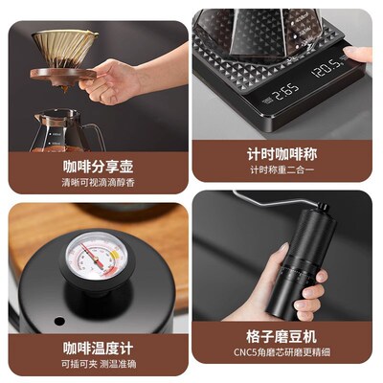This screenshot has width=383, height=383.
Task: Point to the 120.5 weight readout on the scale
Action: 327,70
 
